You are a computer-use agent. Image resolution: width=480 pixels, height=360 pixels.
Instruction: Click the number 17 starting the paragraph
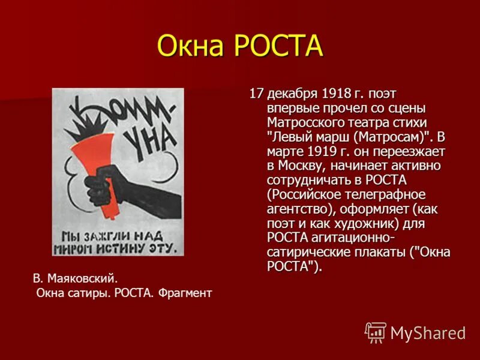click(x=257, y=94)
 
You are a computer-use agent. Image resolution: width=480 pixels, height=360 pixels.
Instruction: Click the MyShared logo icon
click(x=376, y=332)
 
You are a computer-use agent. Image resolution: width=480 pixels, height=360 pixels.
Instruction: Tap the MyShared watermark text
click(x=428, y=333)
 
